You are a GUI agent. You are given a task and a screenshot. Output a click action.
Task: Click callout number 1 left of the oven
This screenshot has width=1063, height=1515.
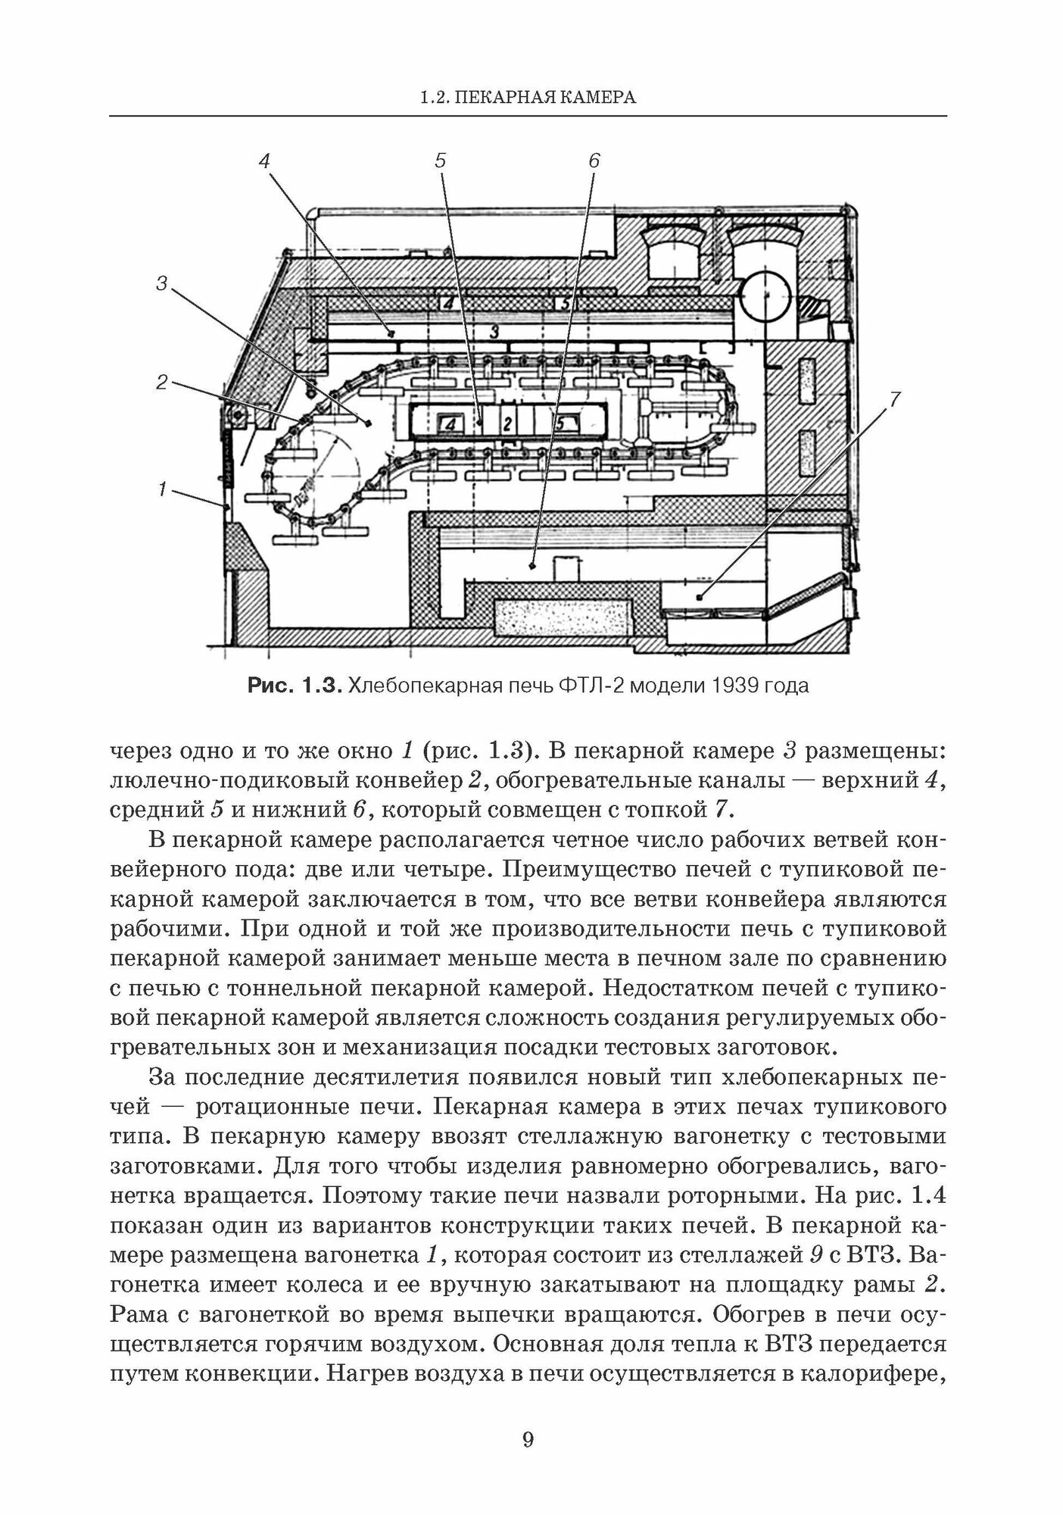coord(161,489)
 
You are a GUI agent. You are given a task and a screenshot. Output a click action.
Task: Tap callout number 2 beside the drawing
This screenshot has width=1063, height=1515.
coord(161,383)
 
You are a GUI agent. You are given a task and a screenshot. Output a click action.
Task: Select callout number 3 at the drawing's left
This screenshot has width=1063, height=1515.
coord(161,283)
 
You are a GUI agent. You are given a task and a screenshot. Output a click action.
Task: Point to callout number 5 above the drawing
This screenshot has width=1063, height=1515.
coord(441,161)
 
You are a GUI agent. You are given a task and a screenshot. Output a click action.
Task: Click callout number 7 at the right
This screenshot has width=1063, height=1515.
coord(895,399)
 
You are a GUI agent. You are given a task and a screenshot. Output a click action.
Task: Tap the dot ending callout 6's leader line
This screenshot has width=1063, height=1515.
coord(533,564)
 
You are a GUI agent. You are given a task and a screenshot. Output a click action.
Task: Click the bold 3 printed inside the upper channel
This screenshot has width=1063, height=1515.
coord(493,331)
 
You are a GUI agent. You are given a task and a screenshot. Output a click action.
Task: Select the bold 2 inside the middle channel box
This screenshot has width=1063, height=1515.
coord(508,423)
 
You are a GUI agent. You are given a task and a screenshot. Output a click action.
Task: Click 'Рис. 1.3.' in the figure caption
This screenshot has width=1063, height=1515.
coord(296,686)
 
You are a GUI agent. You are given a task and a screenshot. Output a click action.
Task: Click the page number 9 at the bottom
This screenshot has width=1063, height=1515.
coord(528,1440)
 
